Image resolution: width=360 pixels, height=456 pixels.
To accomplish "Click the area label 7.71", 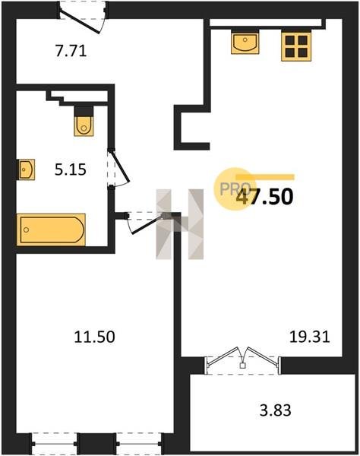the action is point(71,51).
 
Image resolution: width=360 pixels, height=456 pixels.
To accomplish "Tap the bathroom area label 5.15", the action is point(71,169).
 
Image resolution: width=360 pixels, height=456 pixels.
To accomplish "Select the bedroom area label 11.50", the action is point(94,337).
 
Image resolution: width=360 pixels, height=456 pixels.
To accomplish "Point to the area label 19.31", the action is point(309,337).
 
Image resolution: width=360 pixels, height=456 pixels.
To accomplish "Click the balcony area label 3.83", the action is point(275,410).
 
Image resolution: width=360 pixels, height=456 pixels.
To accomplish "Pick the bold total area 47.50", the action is point(264,197).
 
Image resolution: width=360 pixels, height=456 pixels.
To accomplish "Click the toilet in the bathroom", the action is point(84,121).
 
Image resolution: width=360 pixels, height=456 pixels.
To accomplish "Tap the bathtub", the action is point(51,230).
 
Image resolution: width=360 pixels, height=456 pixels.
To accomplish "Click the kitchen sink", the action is point(245,42).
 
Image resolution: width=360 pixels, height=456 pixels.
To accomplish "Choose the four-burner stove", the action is point(296,46).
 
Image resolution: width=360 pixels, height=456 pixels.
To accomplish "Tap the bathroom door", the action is point(118,168).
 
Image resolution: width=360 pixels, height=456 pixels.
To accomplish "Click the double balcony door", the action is point(243,360).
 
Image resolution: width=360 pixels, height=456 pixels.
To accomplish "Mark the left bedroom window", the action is point(55,444).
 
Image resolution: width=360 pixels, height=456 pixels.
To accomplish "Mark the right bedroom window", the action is point(141,444).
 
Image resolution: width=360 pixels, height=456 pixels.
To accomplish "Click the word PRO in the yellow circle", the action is point(235,189).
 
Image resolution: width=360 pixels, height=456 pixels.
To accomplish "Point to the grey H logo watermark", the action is point(179,224).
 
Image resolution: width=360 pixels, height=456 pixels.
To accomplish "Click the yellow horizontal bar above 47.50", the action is point(265,177).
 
